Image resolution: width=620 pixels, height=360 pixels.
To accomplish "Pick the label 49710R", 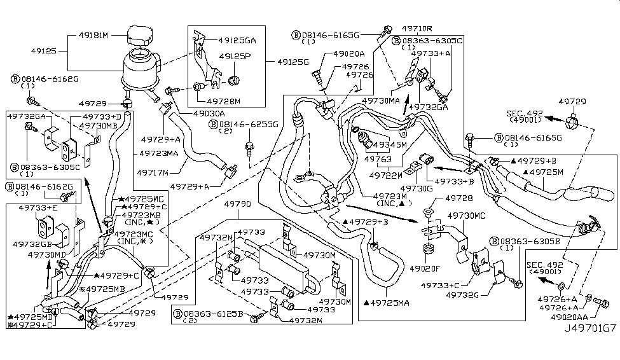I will pyautogui.click(x=417, y=28).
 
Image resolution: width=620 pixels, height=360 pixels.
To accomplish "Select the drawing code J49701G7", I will pyautogui.click(x=589, y=346).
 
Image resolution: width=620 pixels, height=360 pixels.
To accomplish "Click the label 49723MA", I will pyautogui.click(x=155, y=154).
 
